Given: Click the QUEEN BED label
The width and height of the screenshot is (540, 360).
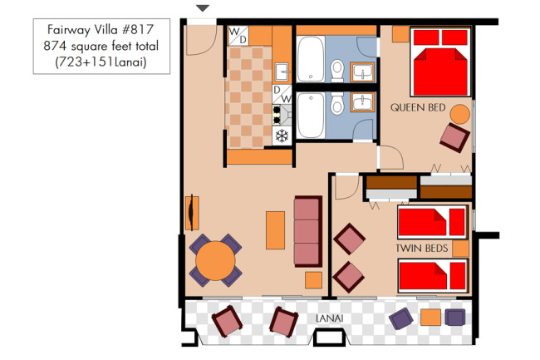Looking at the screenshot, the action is click(x=418, y=107).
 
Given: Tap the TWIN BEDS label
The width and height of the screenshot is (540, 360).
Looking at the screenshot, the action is click(x=421, y=248).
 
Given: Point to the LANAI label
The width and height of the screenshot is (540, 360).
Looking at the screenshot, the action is click(x=330, y=318).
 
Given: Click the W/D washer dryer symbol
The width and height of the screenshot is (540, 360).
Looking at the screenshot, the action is click(x=238, y=36).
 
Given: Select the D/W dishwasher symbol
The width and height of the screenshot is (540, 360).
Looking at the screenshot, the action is click(x=282, y=94).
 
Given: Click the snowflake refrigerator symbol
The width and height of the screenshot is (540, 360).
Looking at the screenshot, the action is click(x=282, y=136).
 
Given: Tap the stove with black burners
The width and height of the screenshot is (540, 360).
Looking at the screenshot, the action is click(x=282, y=115).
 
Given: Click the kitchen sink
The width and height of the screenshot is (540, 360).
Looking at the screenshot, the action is click(x=282, y=72).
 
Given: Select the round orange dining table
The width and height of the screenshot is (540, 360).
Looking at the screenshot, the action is click(x=216, y=260).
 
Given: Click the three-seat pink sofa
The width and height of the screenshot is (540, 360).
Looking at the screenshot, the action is click(x=308, y=231).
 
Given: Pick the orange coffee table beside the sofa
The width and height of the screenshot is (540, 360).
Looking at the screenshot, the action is click(x=275, y=230).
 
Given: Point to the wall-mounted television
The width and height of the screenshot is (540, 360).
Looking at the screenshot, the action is click(x=191, y=213).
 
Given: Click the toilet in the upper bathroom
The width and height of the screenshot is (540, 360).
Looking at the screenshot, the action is click(x=337, y=71).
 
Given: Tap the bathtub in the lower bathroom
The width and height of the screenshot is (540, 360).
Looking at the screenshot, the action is click(x=311, y=115).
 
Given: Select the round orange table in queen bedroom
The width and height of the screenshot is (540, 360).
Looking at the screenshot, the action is click(x=460, y=115).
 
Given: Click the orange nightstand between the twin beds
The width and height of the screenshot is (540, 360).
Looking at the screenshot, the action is click(x=460, y=249).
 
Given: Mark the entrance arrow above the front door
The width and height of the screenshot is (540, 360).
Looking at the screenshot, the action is click(x=203, y=8).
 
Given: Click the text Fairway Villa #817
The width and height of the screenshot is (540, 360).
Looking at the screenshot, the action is click(x=101, y=30).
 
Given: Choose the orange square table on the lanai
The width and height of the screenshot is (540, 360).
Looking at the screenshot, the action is click(x=430, y=318).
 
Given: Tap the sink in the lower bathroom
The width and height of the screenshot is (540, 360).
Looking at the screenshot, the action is click(x=362, y=102).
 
